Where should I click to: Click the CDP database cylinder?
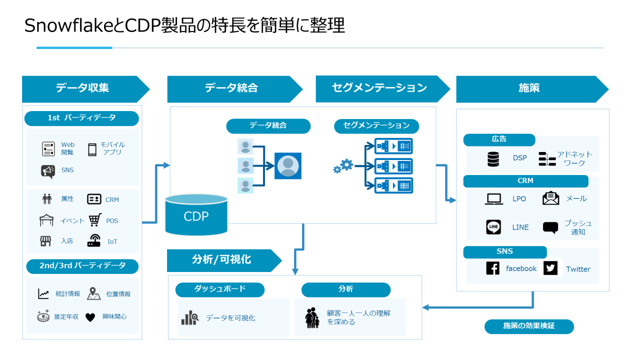[x=196, y=215]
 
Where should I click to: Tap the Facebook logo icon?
[x=492, y=268]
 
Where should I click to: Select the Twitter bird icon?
[x=550, y=268]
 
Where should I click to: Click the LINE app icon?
[x=493, y=227]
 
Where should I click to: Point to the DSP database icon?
[x=493, y=159]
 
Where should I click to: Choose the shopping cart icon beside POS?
[x=95, y=220]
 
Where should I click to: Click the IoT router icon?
[x=94, y=241]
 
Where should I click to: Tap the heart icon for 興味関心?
[x=90, y=317]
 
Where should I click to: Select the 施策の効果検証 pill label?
[x=529, y=326]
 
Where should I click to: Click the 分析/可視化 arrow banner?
[x=222, y=260]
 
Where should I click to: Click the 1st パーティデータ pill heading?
[x=81, y=118]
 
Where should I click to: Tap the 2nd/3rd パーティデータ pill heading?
[x=82, y=265]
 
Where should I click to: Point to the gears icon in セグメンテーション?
[x=343, y=166]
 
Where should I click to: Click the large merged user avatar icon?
[x=288, y=166]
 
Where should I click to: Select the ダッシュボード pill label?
[x=220, y=289]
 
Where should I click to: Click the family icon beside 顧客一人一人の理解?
[x=312, y=318]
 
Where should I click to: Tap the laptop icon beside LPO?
[x=493, y=199]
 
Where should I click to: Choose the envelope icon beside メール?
[x=550, y=198]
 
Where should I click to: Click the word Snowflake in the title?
[x=70, y=25]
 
